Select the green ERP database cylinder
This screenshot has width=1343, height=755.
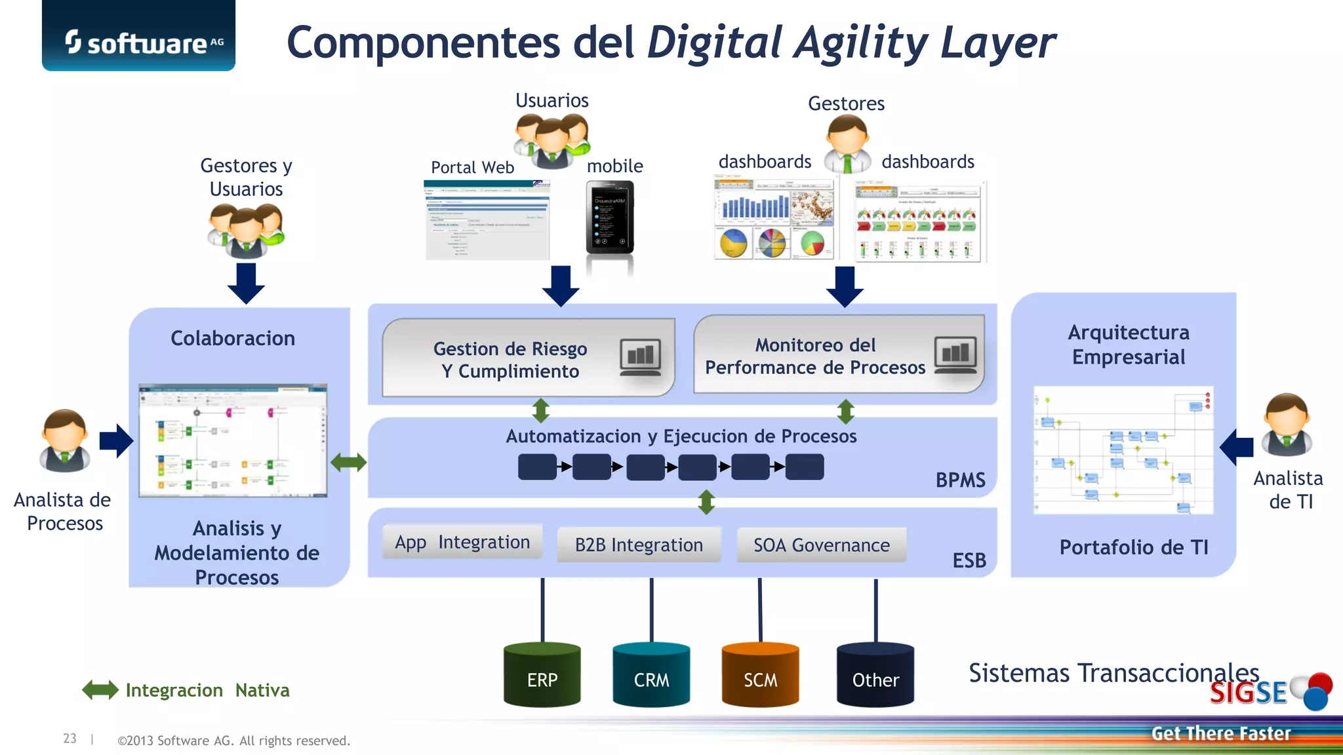542,675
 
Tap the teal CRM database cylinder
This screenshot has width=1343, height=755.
651,675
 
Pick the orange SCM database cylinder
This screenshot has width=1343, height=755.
760,675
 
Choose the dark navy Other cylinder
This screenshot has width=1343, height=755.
875,675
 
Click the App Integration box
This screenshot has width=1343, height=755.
462,542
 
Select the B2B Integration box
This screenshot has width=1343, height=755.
639,545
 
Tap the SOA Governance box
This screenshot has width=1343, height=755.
822,545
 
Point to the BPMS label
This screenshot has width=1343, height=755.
960,480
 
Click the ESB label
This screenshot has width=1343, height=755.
969,560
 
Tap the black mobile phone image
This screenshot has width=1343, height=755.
610,218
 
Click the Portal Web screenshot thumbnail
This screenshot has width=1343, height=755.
487,220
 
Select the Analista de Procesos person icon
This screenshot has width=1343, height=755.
65,440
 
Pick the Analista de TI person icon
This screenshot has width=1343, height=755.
1287,425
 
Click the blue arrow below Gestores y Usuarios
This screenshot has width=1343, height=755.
246,283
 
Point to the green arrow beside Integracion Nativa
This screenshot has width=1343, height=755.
100,690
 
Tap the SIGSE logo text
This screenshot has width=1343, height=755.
1249,693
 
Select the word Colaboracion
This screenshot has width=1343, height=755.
233,338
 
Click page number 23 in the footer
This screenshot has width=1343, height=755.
70,739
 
